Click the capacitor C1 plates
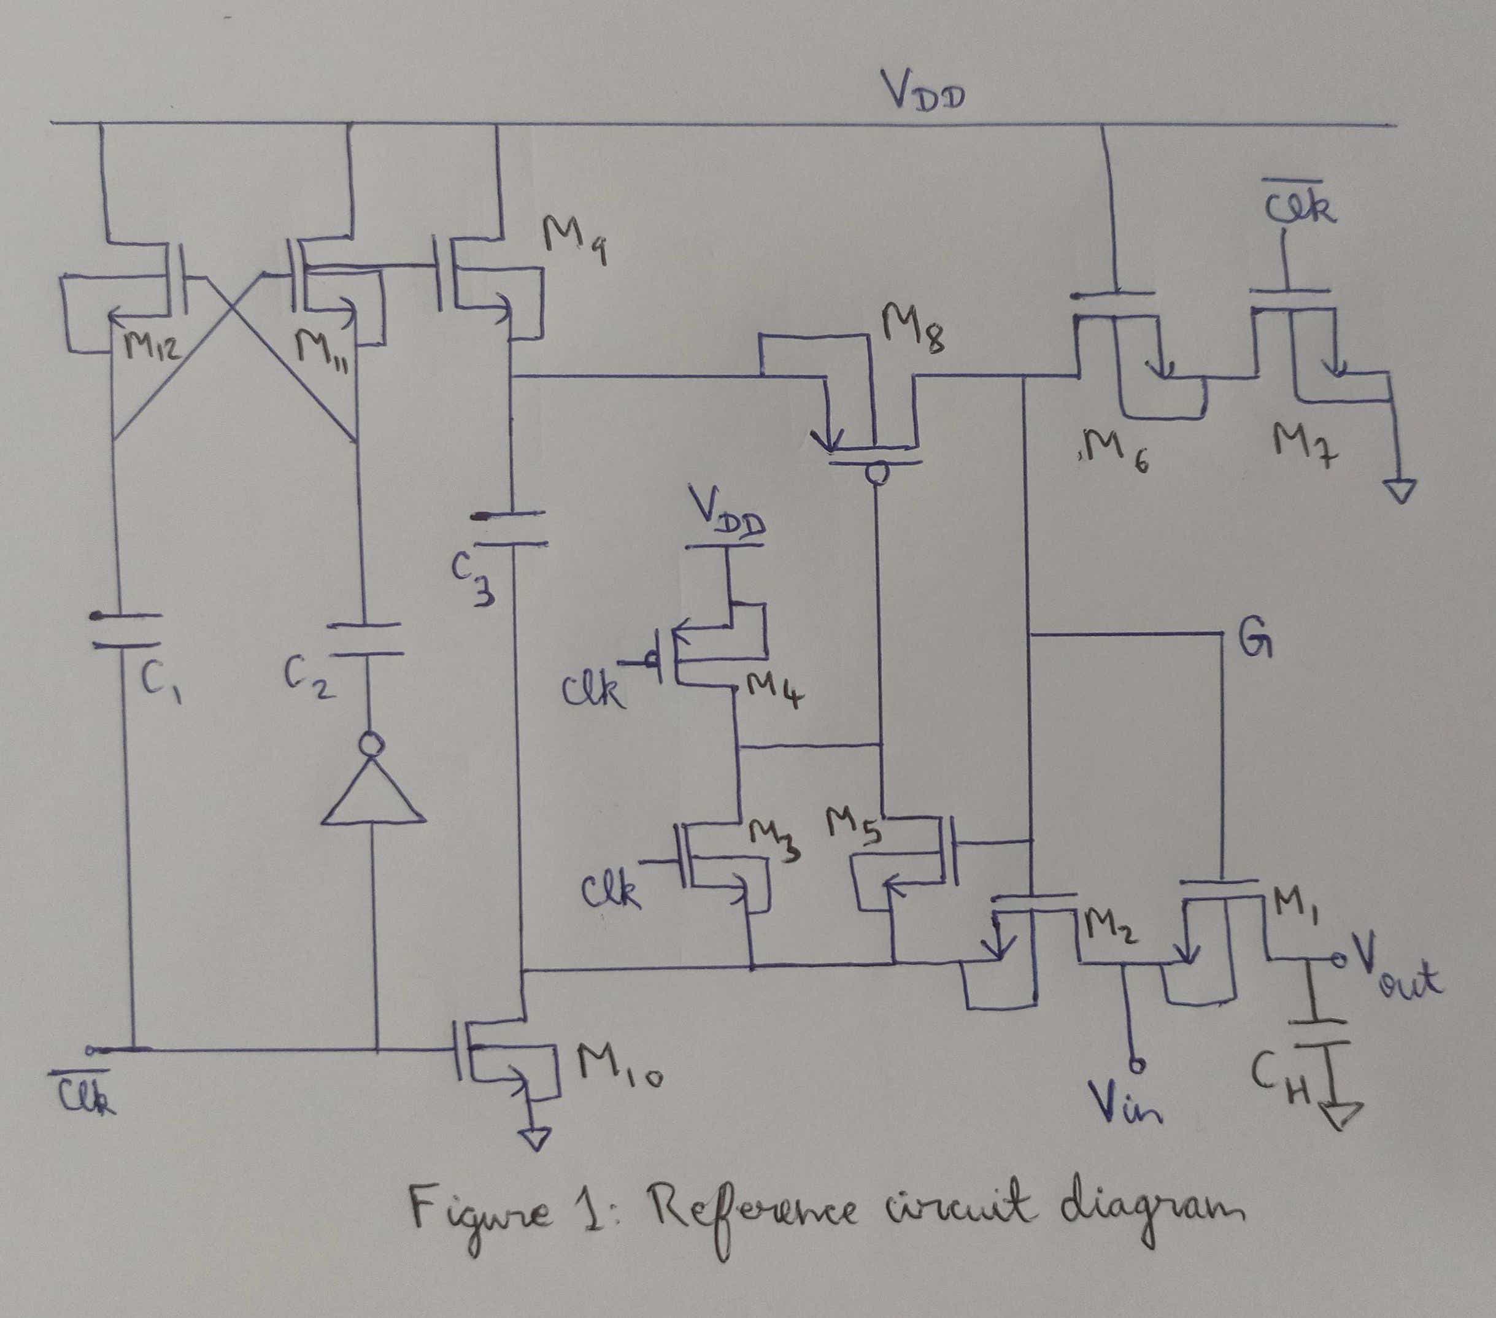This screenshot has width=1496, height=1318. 126,631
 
